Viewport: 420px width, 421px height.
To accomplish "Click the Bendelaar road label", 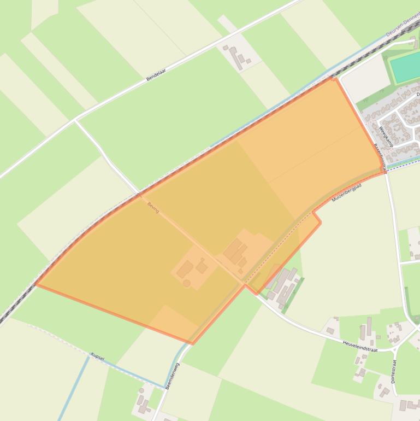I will [x=156, y=75].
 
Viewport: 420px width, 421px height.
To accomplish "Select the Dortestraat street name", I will [x=393, y=371].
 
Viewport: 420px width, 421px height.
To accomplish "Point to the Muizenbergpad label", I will [x=346, y=192].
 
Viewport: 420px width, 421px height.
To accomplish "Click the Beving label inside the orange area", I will [x=153, y=208].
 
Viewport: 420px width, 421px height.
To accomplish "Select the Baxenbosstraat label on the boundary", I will [x=380, y=157].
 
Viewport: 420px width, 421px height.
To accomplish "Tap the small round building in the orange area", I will [x=187, y=283].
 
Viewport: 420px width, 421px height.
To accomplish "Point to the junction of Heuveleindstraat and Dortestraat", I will [x=394, y=348].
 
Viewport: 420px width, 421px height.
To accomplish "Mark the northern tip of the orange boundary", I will [x=333, y=79].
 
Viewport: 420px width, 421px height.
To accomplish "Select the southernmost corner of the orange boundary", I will [x=192, y=344].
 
